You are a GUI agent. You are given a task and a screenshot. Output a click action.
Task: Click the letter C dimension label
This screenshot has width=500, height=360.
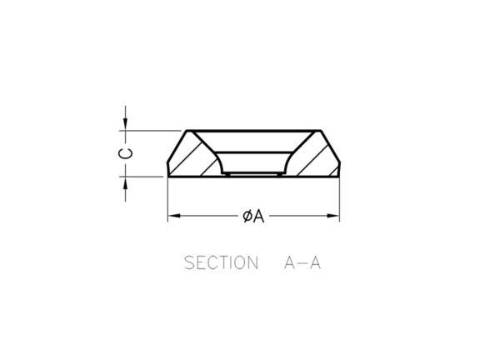pyautogui.click(x=125, y=153)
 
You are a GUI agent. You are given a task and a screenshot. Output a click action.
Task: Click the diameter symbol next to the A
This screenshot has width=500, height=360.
pyautogui.click(x=247, y=216)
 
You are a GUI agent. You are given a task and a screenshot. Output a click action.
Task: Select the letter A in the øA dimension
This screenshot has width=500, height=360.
pyautogui.click(x=259, y=216)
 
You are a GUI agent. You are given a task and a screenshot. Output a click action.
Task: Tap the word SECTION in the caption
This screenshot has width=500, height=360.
pyautogui.click(x=221, y=262)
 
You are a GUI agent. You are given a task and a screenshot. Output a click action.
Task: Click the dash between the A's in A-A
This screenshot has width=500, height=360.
pyautogui.click(x=302, y=263)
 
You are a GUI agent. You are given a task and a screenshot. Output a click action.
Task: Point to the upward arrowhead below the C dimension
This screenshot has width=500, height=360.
pyautogui.click(x=125, y=182)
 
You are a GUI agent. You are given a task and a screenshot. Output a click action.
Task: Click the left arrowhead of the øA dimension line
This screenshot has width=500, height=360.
pyautogui.click(x=174, y=216)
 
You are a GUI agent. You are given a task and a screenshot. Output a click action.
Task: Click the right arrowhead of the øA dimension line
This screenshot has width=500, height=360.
pyautogui.click(x=333, y=216)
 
